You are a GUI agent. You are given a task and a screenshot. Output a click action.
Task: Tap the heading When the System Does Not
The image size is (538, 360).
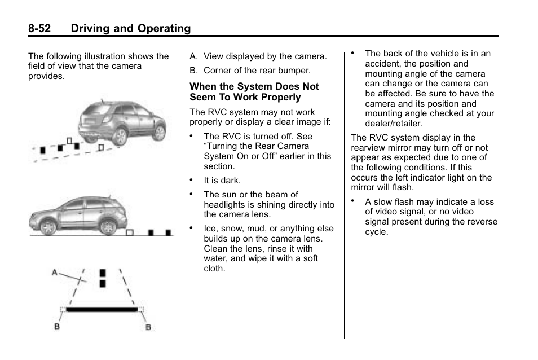coord(254,87)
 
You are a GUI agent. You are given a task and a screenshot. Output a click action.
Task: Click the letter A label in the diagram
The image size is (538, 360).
coord(55,273)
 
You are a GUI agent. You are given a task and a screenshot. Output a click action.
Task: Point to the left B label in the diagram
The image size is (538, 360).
coord(58,327)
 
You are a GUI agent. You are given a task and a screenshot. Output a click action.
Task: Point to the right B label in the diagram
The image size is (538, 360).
coord(148,327)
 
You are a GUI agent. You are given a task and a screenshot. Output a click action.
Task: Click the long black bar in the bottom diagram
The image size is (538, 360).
coord(102,309)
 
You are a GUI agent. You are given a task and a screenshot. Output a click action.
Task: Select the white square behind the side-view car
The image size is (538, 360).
coord(130,232)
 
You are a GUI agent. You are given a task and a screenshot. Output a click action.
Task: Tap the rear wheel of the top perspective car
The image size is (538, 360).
coord(119,135)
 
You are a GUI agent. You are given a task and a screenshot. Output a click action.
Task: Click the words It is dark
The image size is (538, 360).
coord(222,181)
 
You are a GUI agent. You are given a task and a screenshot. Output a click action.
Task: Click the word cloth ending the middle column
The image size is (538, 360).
coord(214,269)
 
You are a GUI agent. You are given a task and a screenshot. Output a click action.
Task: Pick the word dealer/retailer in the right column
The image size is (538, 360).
coord(393,124)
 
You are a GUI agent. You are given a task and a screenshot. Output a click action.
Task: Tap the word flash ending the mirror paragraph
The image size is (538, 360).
coord(403,187)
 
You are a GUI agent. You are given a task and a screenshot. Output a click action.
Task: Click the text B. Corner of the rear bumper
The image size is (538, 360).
coord(250,71)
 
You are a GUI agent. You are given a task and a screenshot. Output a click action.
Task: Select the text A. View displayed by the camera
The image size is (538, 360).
coord(258,56)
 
